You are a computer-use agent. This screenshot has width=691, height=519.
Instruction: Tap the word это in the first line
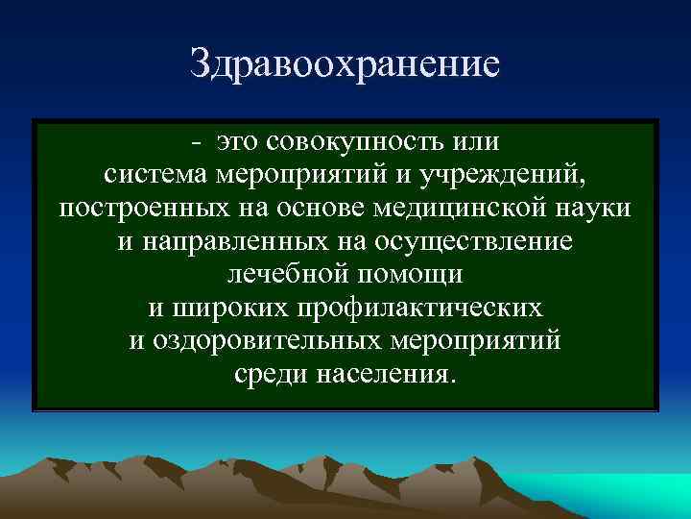pyautogui.click(x=240, y=142)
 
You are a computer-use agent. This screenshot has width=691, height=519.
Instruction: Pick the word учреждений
pyautogui.click(x=526, y=176)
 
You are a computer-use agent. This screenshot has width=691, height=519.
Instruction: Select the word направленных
pyautogui.click(x=228, y=242)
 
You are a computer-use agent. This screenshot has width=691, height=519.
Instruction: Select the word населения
pyautogui.click(x=388, y=374)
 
